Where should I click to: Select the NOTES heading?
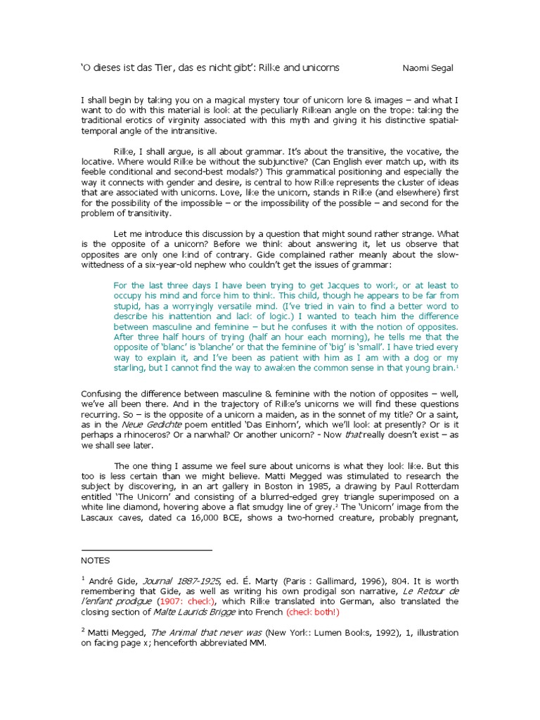(x=96, y=560)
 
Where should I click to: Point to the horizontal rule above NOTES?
(x=147, y=550)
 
